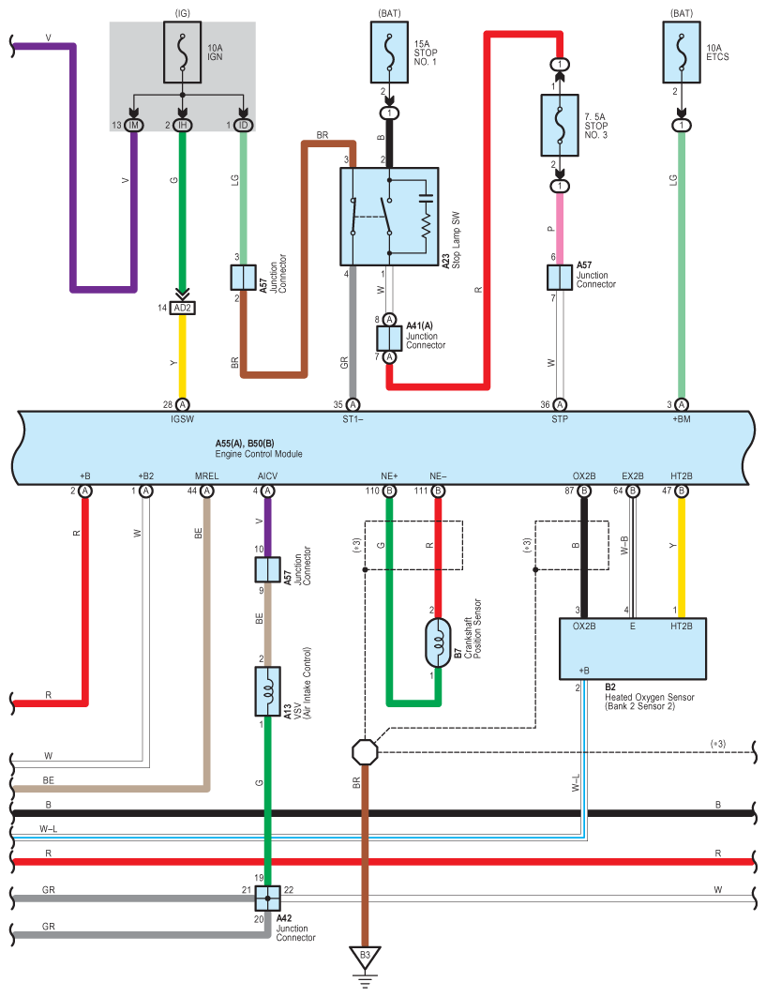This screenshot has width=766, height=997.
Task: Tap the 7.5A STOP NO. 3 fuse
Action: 560,125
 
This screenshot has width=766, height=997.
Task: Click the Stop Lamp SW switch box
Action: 389,217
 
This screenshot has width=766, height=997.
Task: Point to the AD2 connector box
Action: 182,308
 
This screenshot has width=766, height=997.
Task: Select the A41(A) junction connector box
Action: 389,338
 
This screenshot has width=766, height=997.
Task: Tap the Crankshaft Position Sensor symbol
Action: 437,642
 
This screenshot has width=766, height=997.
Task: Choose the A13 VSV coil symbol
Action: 267,692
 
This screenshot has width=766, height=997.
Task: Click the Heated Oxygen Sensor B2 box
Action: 632,648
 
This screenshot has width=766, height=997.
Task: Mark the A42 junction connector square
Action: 267,898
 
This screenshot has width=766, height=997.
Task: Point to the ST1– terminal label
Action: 353,421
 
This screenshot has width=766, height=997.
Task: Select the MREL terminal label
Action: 206,476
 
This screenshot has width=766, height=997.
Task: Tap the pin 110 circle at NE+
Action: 388,491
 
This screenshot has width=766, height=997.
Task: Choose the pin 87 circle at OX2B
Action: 584,491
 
